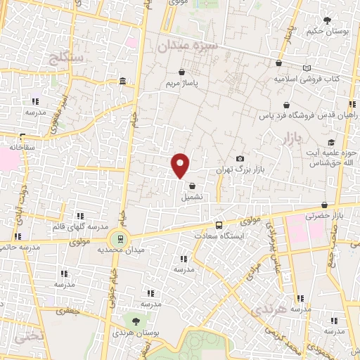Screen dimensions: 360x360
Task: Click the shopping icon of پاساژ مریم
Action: [x=181, y=72]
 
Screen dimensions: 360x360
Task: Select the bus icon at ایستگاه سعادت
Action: [x=219, y=225]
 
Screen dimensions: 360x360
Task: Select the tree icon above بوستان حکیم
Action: [x=326, y=20]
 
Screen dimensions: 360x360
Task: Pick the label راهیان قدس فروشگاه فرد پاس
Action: [x=311, y=113]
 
